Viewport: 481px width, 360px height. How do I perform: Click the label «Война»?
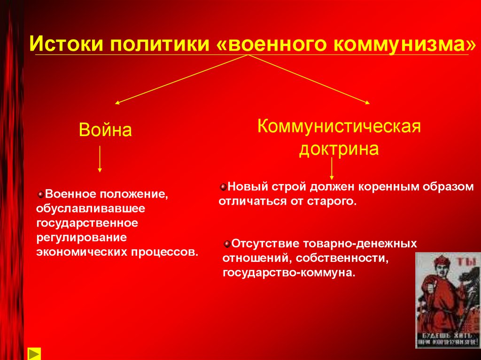(x=105, y=130)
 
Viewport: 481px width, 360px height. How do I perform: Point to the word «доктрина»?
(x=339, y=149)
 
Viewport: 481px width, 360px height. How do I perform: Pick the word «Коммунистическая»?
(x=339, y=126)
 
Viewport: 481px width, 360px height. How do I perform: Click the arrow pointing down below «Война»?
(x=100, y=159)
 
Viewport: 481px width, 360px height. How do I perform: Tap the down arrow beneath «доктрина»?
(x=332, y=169)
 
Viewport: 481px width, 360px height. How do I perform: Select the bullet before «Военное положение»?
(x=41, y=193)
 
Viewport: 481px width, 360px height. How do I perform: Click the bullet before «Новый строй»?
(x=223, y=187)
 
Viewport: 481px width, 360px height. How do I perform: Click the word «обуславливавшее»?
(x=91, y=207)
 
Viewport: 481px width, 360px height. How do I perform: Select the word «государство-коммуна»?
(x=289, y=272)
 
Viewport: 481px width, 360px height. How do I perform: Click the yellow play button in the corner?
(x=34, y=353)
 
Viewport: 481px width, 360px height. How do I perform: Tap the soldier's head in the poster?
(x=442, y=263)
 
